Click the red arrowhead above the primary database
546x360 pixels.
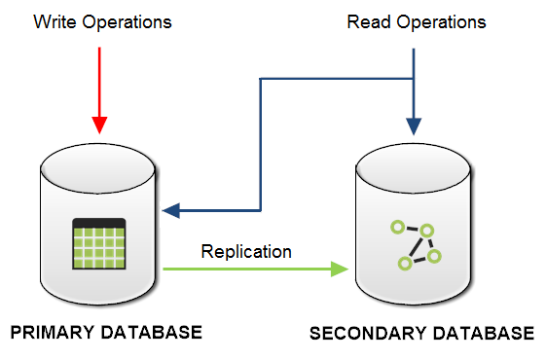[99, 125]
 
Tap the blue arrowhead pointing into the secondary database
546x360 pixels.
[415, 126]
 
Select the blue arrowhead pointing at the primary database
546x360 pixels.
[172, 209]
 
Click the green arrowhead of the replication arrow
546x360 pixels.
[341, 268]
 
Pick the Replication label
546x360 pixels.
[246, 251]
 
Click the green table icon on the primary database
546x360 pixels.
[99, 243]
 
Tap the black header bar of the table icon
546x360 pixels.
[99, 223]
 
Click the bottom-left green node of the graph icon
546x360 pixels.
[404, 264]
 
